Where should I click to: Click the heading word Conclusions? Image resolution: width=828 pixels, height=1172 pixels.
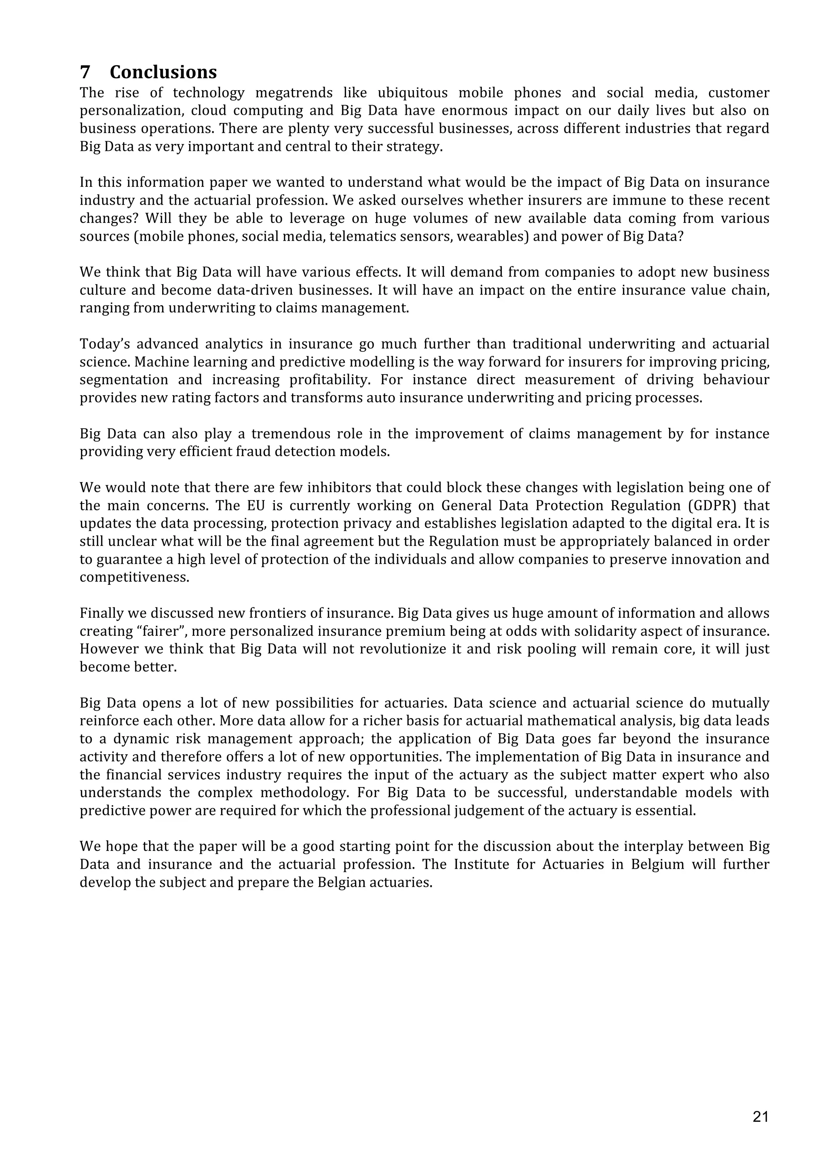click(x=163, y=72)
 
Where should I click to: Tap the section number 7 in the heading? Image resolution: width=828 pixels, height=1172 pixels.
click(x=84, y=72)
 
